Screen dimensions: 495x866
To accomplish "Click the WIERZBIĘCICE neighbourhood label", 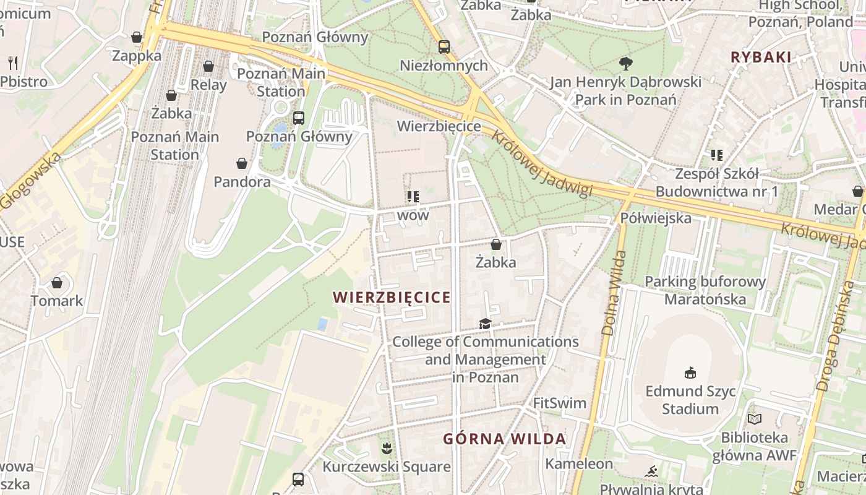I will pos(392,298).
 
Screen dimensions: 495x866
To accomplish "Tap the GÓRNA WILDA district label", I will pos(504,439).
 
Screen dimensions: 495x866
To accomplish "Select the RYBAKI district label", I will pos(761,58).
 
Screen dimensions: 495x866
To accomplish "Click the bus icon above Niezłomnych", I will pos(444,46).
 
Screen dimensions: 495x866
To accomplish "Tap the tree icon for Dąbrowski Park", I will pos(626,63).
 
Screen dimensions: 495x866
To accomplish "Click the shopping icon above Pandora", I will pos(242,163).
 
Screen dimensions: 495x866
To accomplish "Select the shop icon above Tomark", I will pos(57,283).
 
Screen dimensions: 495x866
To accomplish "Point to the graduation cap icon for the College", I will pos(485,324).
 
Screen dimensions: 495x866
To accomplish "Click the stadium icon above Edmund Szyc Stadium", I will pos(690,372).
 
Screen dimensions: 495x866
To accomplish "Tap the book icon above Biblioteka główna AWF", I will pos(754,420).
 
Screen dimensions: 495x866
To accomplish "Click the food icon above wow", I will pos(413,197).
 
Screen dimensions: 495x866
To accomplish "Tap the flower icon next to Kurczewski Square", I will pos(387,447).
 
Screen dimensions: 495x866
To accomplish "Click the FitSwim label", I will pos(559,403).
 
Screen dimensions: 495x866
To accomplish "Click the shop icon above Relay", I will pos(208,66).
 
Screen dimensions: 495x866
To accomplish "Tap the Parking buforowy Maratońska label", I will pos(705,291).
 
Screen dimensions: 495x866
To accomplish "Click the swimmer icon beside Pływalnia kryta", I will pos(651,472).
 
